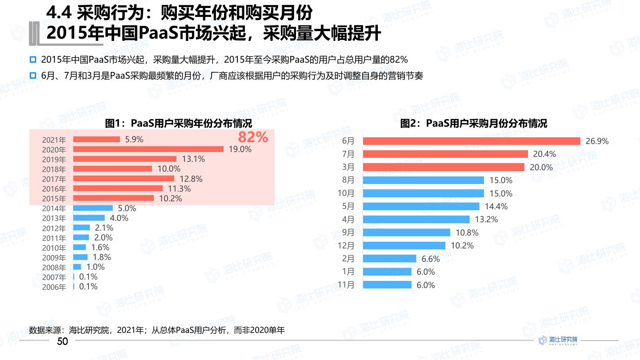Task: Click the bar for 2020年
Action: (148, 149)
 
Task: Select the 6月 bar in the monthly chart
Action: (472, 141)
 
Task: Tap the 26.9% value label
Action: (597, 141)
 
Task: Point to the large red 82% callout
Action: (253, 137)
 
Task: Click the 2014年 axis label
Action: (54, 208)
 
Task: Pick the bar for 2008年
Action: (77, 267)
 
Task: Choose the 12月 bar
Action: (404, 245)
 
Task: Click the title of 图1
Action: (178, 124)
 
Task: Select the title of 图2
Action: (474, 124)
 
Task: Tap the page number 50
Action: (63, 341)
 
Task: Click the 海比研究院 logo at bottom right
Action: (558, 340)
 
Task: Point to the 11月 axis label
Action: (346, 285)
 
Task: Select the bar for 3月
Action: (444, 167)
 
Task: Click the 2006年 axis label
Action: (54, 287)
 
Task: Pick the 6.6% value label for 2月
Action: (430, 259)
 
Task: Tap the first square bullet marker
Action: (32, 60)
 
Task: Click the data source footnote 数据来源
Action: (156, 330)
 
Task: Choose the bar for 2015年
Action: (113, 198)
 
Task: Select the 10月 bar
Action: (423, 193)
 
